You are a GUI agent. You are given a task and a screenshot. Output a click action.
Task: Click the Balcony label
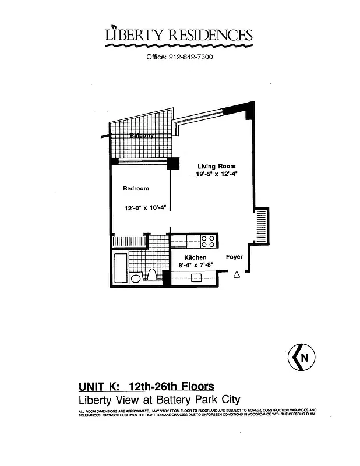(x=142, y=136)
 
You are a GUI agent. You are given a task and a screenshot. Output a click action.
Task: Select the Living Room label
(x=216, y=167)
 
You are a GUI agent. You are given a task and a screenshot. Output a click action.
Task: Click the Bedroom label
(x=135, y=188)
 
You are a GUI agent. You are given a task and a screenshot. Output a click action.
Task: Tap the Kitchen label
(x=195, y=257)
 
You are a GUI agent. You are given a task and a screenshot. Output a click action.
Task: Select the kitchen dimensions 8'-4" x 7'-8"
(x=196, y=265)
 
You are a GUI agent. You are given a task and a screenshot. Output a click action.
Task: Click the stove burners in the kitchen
(x=209, y=241)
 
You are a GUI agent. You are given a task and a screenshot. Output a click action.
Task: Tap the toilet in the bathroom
(x=151, y=275)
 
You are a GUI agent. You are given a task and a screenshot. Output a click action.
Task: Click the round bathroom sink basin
(x=136, y=279)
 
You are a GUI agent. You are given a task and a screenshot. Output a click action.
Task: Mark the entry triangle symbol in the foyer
(x=237, y=275)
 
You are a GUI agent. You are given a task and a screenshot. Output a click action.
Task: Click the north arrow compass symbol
(x=302, y=356)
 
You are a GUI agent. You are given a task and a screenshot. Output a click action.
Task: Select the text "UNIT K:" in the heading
(x=100, y=386)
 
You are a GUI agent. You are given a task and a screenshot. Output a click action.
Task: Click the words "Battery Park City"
(x=200, y=400)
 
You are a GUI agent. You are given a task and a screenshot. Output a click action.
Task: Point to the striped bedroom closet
(x=128, y=241)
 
